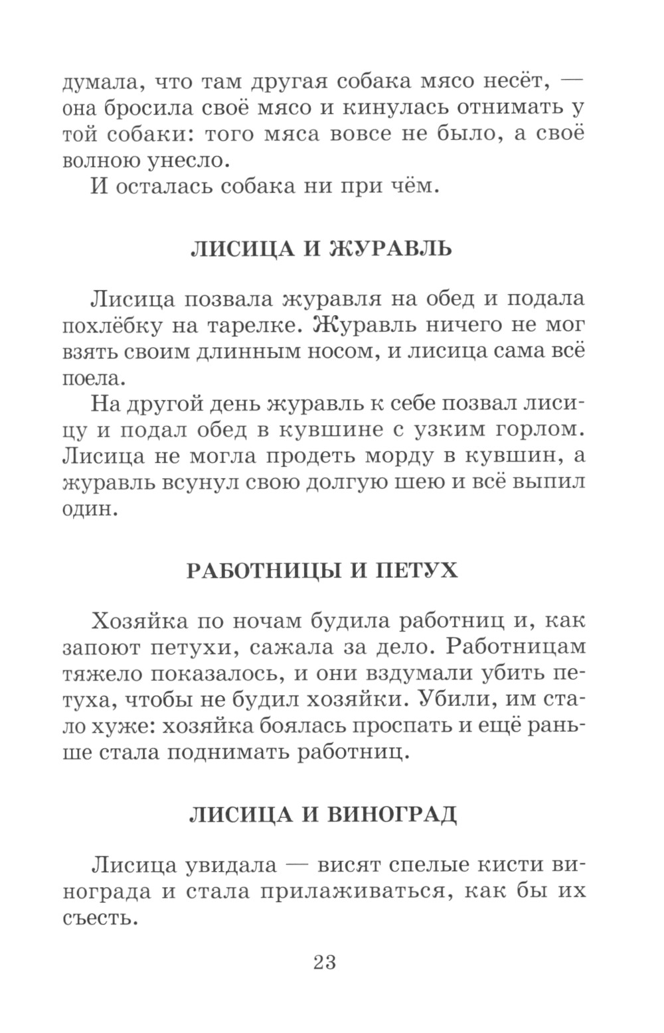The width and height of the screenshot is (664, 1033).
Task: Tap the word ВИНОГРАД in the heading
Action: pos(392,814)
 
